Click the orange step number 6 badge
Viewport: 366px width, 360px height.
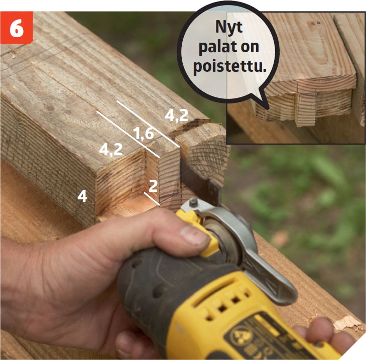(x=17, y=27)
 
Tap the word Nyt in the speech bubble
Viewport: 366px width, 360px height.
(x=229, y=28)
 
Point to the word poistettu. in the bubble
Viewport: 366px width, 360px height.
(x=229, y=67)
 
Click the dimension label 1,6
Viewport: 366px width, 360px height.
(x=143, y=134)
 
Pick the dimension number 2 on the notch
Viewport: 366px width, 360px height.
(x=153, y=186)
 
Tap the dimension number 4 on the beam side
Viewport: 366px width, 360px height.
(x=82, y=196)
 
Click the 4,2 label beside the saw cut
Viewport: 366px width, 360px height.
(x=176, y=115)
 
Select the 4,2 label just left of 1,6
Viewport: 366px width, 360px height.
(x=110, y=150)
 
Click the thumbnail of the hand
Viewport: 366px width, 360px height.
(x=192, y=235)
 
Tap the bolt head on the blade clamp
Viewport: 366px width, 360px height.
(x=193, y=202)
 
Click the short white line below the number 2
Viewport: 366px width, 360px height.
(x=152, y=199)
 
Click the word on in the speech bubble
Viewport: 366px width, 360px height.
(x=250, y=47)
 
